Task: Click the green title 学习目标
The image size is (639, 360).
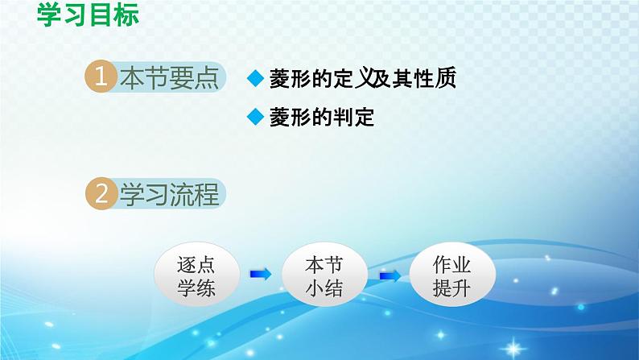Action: coord(88,14)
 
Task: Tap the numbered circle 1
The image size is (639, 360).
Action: coord(101,77)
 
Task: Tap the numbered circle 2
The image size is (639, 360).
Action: coord(101,193)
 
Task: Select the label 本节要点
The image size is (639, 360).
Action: coord(170,77)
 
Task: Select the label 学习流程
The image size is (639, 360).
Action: coord(170,194)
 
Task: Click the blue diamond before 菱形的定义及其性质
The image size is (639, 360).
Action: coord(255,78)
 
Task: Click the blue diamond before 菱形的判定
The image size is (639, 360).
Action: coord(255,117)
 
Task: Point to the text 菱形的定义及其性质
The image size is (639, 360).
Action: coord(362,78)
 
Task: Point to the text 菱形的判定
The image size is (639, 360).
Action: coord(322,117)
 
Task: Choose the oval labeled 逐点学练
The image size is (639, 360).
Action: coord(196,275)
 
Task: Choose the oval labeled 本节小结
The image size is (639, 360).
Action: coord(324,275)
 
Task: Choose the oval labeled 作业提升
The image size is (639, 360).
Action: coord(452,275)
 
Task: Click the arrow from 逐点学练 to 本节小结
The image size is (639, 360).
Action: coord(261,274)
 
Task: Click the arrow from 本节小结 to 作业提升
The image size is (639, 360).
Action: coord(390,276)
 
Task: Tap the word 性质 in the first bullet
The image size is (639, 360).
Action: coord(435,78)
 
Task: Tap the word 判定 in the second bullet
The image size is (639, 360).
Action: coord(353,117)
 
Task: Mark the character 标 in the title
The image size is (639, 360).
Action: coord(126,14)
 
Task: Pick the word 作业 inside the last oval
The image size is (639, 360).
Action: coord(452,265)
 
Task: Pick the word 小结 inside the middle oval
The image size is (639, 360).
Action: coord(324,288)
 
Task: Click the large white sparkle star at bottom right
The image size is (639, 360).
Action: coord(513,349)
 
